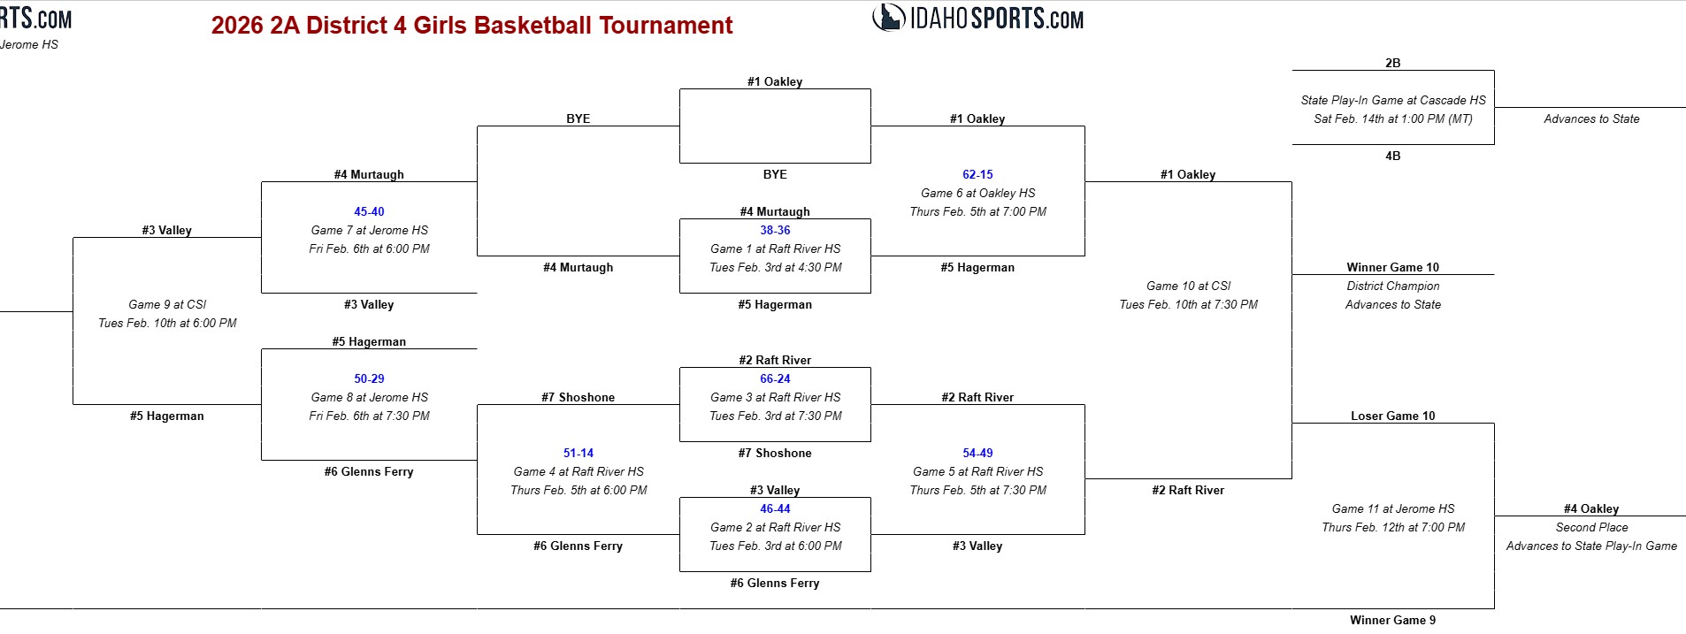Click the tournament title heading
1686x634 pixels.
click(471, 25)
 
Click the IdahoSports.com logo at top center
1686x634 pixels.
click(977, 18)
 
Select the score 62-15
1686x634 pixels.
click(977, 174)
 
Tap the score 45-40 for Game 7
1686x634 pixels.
click(369, 211)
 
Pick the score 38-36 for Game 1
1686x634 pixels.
click(775, 230)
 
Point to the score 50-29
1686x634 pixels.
click(369, 378)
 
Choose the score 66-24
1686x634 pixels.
click(775, 378)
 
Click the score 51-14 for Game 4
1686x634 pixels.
click(579, 453)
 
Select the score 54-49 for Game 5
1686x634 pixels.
click(977, 453)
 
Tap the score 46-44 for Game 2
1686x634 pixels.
click(775, 508)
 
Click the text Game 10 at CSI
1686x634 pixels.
click(1188, 286)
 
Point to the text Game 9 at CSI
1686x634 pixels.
click(167, 304)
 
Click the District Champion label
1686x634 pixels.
click(1392, 286)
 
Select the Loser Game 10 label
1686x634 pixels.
click(1392, 416)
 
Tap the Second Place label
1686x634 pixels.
click(1591, 527)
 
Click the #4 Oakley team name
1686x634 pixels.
click(1590, 508)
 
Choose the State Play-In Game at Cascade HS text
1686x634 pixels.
click(1392, 100)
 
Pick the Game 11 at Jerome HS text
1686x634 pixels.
click(1392, 508)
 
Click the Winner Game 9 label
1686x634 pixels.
click(1392, 620)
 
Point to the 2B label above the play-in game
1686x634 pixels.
click(1392, 63)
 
